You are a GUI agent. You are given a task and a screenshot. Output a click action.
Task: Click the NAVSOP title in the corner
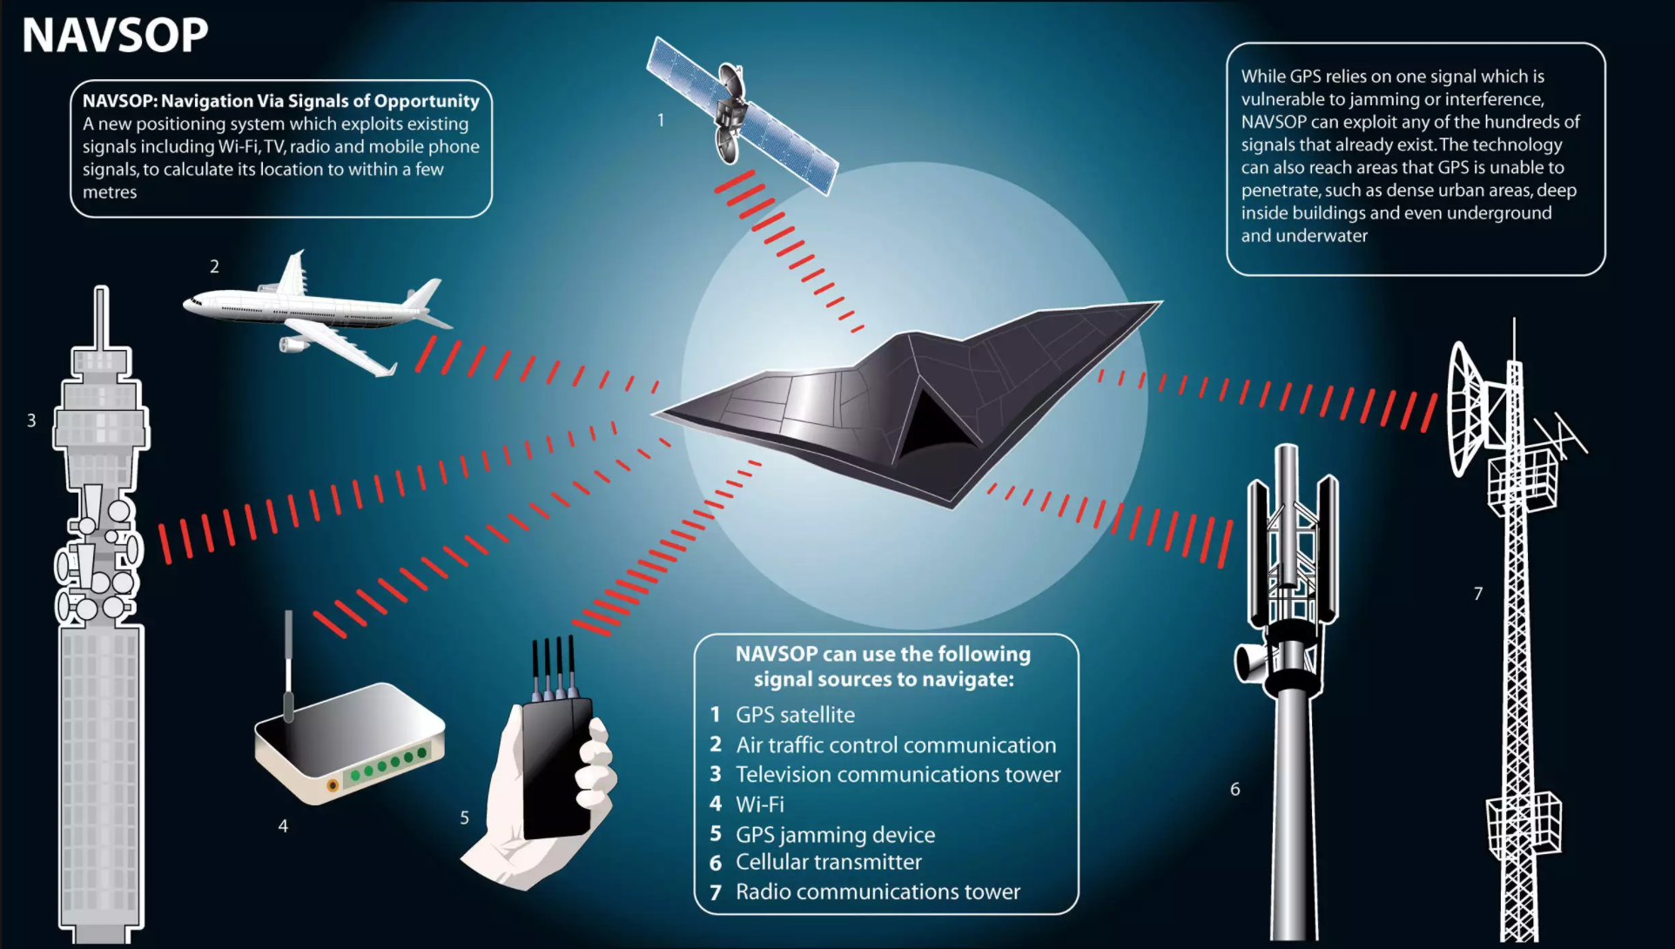point(115,35)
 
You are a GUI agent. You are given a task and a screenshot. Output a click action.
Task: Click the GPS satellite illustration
point(743,114)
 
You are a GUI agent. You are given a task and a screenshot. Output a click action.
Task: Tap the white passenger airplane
point(317,312)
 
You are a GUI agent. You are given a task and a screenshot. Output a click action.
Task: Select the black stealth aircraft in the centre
point(908,404)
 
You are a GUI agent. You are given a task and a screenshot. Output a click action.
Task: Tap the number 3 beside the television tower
point(31,421)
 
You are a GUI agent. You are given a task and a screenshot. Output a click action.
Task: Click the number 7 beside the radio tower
point(1478,594)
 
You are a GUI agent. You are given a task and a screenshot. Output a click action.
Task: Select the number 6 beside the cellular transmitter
point(1235,789)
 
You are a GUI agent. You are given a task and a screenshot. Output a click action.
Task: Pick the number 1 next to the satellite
point(661,120)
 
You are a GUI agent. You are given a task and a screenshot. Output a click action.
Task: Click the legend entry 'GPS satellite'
point(795,715)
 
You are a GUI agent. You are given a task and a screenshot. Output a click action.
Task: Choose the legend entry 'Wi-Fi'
point(760,804)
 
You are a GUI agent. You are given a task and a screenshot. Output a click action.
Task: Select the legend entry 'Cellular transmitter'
point(829,862)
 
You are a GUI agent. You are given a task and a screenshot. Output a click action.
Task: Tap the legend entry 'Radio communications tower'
point(878,892)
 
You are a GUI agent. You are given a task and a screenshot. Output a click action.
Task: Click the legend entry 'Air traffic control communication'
point(896,745)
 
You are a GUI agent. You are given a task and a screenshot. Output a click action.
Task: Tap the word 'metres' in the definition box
point(110,192)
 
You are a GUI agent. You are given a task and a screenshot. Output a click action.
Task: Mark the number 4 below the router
point(283,825)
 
